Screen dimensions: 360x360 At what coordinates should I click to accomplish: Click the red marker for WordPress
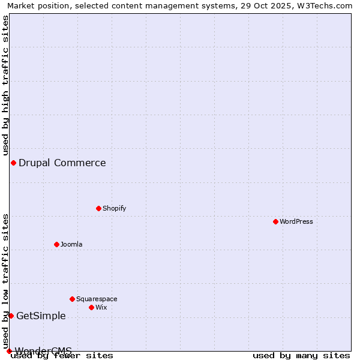275,221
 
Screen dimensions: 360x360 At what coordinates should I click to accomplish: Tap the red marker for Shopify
98,208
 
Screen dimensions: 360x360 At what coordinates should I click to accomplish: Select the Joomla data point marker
56,244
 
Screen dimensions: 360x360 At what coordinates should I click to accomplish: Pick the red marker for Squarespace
72,299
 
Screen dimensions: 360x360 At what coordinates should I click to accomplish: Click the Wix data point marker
91,307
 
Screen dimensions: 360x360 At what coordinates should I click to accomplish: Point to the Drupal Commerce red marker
13,163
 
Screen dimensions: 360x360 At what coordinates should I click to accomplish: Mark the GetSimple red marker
11,316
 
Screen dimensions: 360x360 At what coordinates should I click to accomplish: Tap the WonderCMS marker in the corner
9,351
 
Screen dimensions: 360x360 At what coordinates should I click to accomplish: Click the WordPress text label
296,221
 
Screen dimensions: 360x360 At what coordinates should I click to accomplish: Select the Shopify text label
114,208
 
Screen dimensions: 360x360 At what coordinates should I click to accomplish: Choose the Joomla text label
71,244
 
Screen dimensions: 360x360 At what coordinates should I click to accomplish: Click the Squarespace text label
97,299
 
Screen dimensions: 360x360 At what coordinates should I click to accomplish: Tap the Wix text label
101,307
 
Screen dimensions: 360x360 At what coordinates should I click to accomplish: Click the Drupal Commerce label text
62,163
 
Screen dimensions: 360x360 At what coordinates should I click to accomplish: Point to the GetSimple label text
41,316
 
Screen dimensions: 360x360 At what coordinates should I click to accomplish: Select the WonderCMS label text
43,350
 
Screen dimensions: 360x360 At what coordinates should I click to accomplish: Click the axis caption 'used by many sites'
301,355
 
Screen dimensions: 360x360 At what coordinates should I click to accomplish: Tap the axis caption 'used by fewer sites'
62,355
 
